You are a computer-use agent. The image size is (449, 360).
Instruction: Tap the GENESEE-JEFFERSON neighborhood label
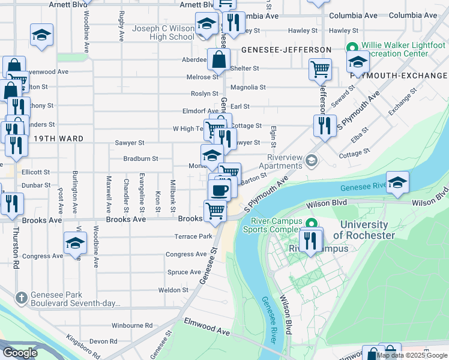286,50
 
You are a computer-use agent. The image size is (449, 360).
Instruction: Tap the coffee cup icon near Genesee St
219,190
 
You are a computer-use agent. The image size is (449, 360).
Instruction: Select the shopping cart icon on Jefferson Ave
321,68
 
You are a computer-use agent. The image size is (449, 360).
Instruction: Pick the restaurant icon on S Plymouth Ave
324,125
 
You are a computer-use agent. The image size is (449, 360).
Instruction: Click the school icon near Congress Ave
76,243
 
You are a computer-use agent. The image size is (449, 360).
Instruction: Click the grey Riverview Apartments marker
311,160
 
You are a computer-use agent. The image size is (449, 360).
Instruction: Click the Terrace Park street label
193,236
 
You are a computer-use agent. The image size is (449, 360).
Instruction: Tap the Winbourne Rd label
132,326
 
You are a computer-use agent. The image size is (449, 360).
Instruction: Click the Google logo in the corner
20,352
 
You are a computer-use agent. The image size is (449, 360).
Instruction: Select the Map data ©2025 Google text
411,355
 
